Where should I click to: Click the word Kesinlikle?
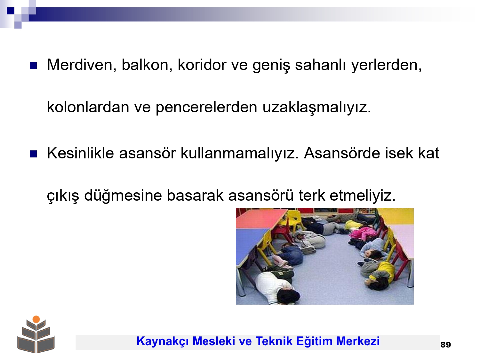point(80,153)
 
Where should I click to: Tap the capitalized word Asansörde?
point(342,153)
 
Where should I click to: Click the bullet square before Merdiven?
point(33,66)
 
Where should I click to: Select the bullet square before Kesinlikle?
point(33,154)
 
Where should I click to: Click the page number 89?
point(445,345)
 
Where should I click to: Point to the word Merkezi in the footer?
point(358,341)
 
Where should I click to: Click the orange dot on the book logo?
point(36,319)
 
